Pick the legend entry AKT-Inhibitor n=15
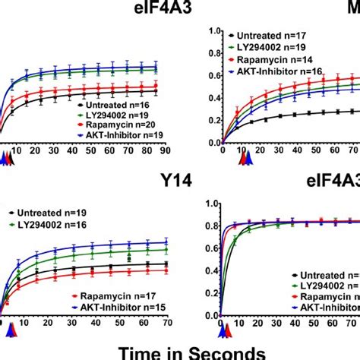(127, 305)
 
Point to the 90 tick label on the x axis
(155, 153)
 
